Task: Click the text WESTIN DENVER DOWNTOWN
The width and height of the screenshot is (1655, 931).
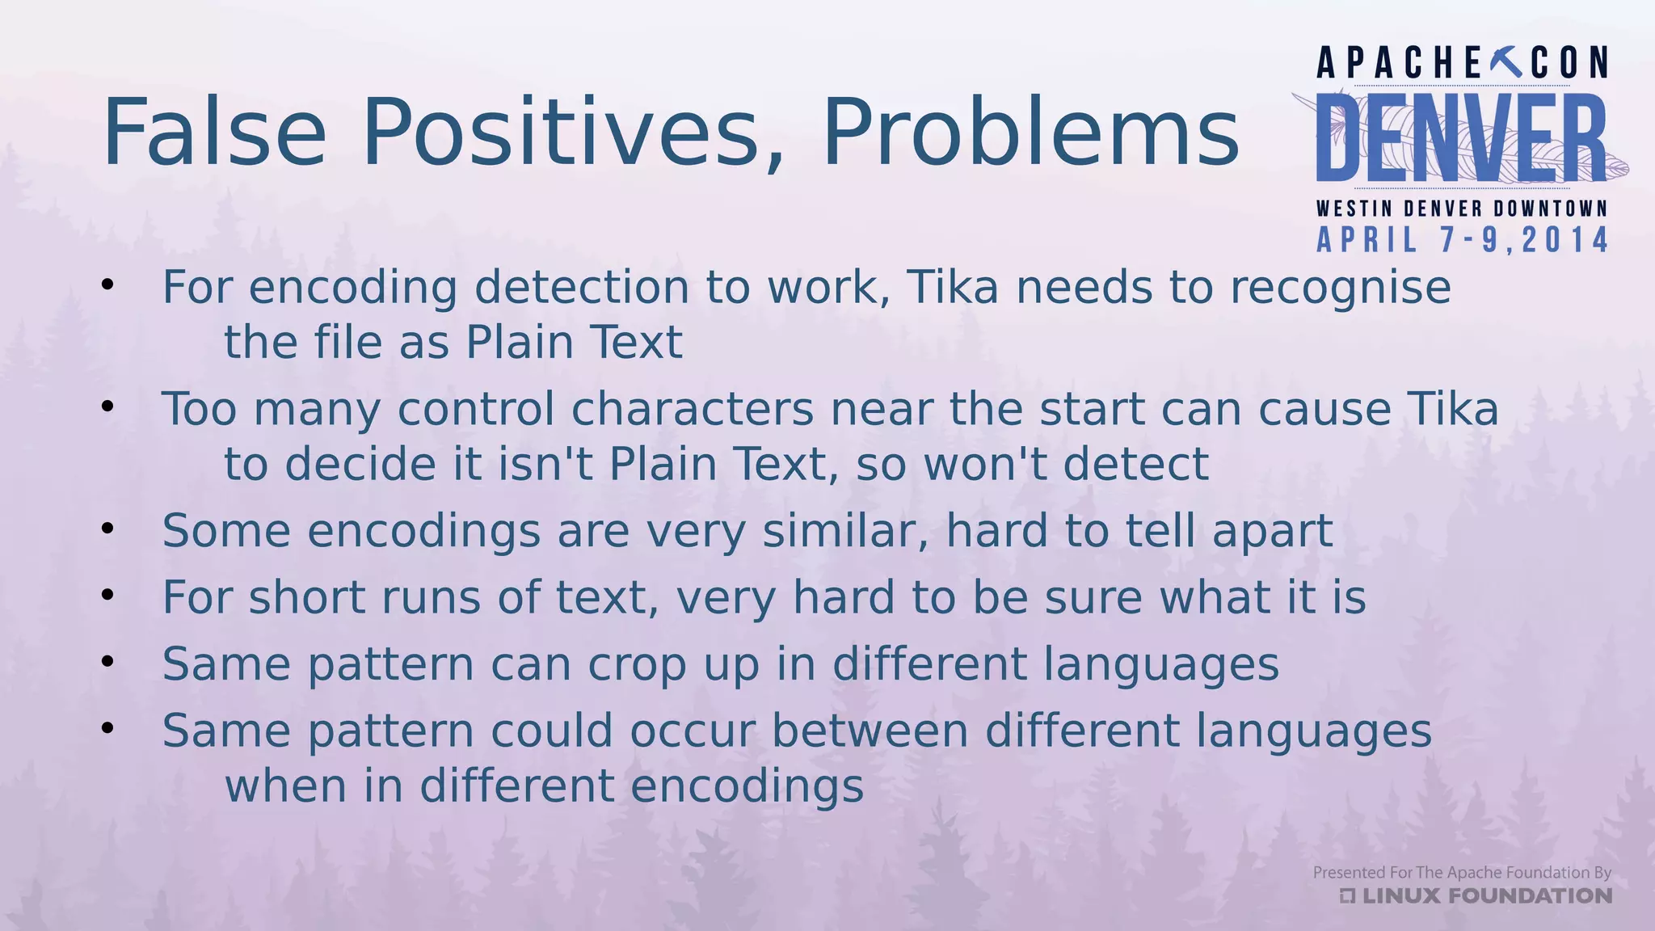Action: click(1461, 209)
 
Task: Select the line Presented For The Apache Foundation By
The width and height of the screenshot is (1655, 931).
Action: click(1461, 872)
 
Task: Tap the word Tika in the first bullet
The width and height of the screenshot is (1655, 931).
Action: click(953, 288)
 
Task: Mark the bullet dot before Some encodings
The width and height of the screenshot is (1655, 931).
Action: click(108, 529)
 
